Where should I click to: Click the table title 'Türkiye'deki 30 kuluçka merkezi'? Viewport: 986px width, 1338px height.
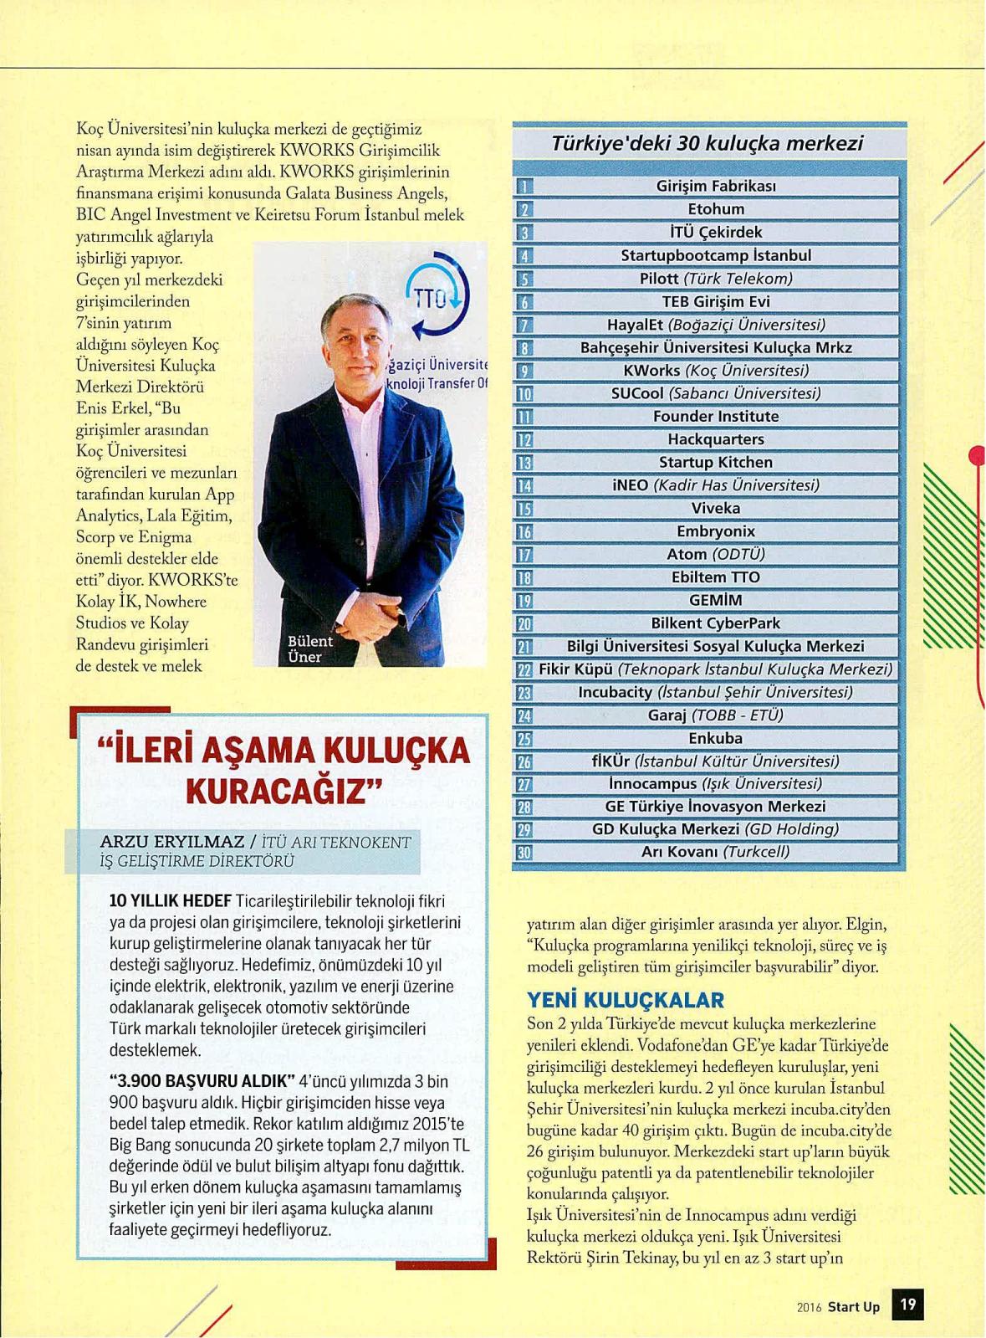coord(707,143)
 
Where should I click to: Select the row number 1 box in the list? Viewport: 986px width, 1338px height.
coord(524,187)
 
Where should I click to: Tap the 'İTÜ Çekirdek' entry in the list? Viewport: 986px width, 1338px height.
coord(715,232)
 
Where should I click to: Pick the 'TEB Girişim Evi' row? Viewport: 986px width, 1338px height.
coord(715,301)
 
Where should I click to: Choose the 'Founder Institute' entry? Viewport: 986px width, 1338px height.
coord(715,416)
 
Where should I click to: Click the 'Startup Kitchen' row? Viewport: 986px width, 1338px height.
coord(715,462)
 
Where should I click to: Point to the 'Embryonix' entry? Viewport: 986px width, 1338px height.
coord(715,531)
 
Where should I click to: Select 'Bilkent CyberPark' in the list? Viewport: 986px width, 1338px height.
coord(715,623)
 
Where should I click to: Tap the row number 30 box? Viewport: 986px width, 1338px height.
coord(524,853)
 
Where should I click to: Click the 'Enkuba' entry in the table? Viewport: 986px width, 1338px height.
coord(715,738)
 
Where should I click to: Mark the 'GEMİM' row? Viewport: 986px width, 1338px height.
coord(715,600)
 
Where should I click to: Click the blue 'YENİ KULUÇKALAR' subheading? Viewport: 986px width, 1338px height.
coord(625,1000)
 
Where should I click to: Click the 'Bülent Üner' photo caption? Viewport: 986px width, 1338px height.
coord(309,648)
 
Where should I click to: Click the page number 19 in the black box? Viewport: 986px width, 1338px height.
coord(908,1304)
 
